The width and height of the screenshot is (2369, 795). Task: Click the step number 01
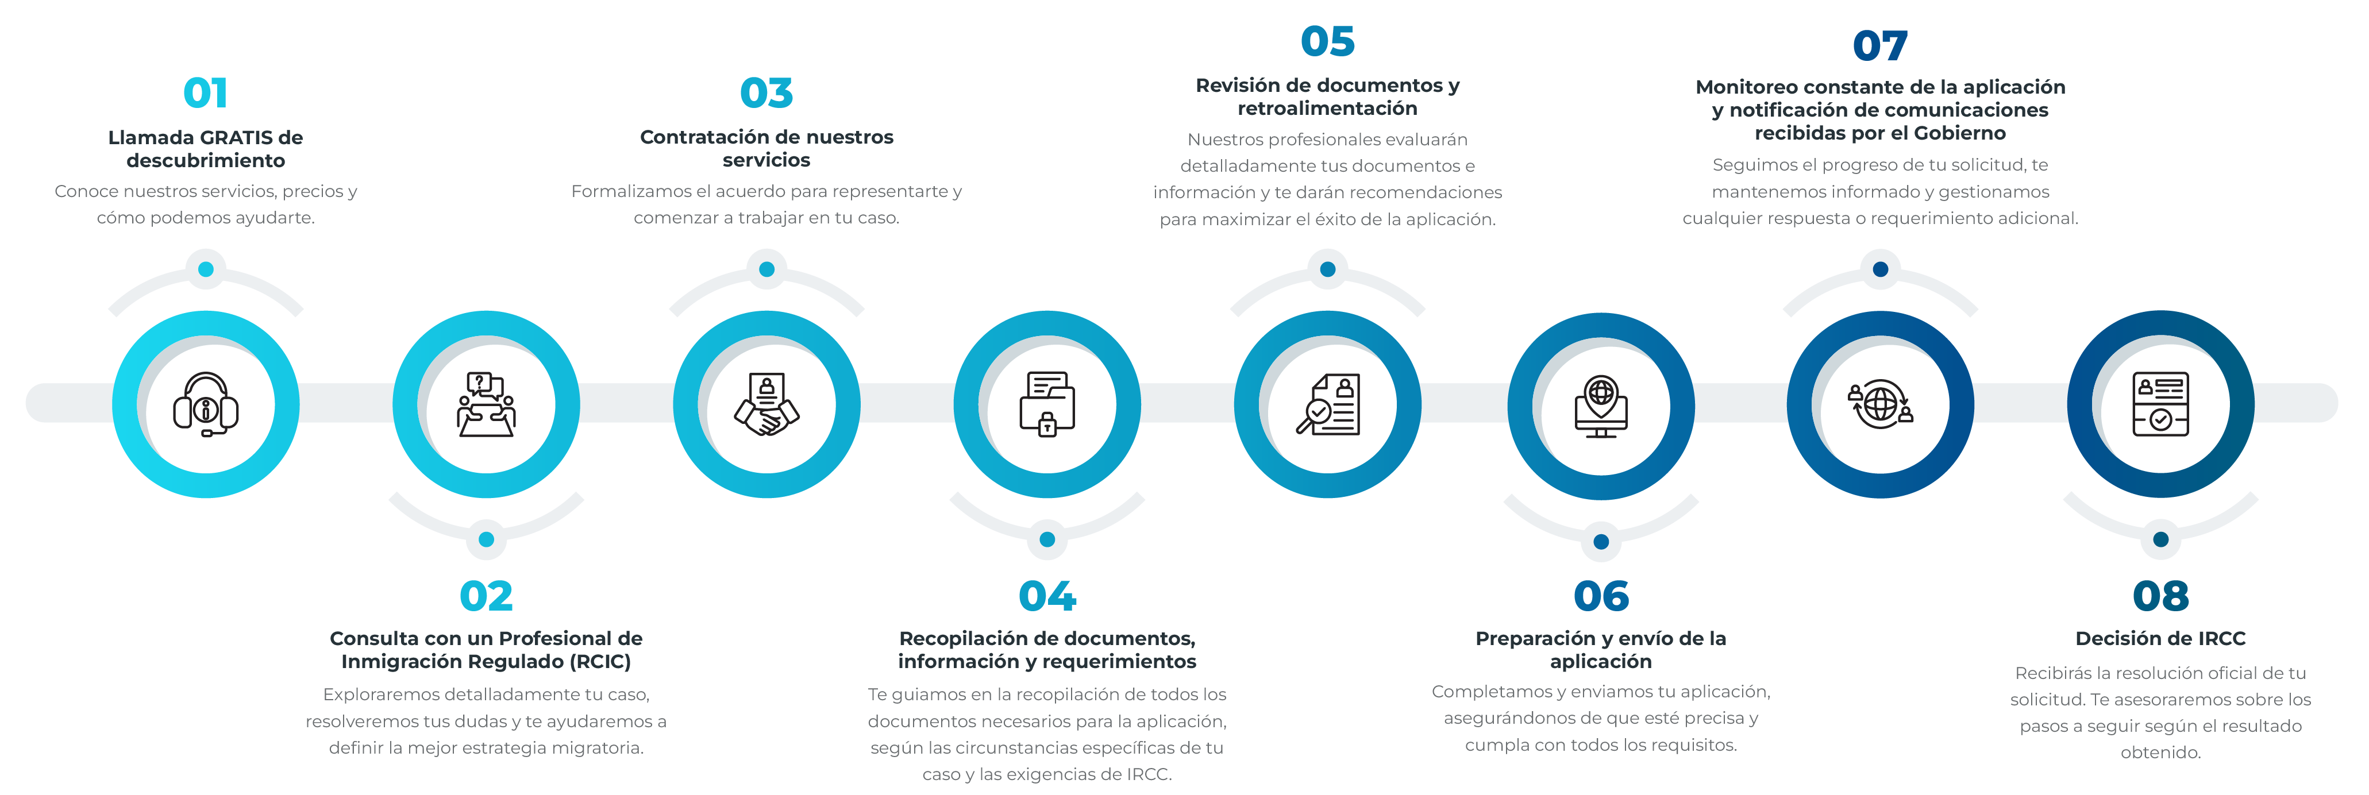tap(205, 93)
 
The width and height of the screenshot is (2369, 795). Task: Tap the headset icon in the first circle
tap(205, 404)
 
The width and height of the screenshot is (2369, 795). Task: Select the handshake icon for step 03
tap(766, 404)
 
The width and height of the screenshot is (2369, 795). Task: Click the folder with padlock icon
tap(1046, 404)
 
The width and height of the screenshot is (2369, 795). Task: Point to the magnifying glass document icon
tap(1327, 404)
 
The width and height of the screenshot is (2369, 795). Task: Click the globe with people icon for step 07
tap(1880, 404)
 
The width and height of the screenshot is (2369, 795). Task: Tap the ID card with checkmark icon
tap(2160, 404)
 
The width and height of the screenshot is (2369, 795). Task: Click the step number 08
tap(2160, 596)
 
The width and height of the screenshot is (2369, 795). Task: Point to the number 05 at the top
tap(1327, 41)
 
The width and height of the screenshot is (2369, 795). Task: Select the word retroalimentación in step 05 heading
tap(1327, 109)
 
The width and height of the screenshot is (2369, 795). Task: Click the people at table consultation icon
tap(486, 404)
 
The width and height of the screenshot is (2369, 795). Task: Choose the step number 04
tap(1046, 596)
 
